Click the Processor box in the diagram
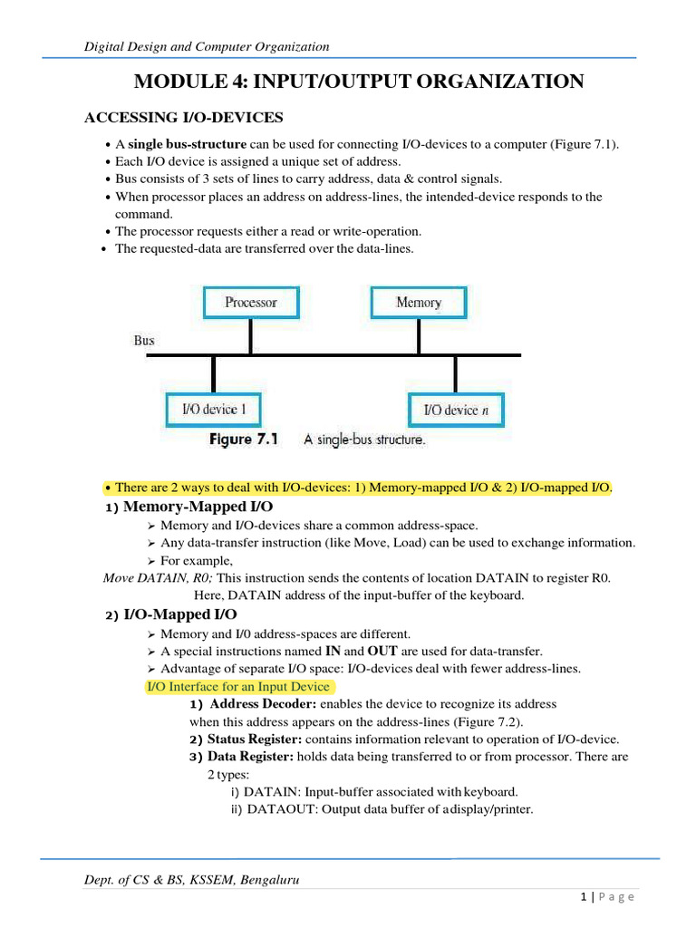(250, 303)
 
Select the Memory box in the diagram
(419, 303)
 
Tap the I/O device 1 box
(214, 410)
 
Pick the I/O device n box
(456, 410)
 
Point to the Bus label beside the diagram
(144, 341)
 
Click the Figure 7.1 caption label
(244, 440)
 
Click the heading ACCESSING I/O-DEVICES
(184, 118)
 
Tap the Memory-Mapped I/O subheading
(198, 506)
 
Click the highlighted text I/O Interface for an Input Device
(238, 686)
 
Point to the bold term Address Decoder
(263, 704)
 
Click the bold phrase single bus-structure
(187, 145)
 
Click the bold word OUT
(383, 651)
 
